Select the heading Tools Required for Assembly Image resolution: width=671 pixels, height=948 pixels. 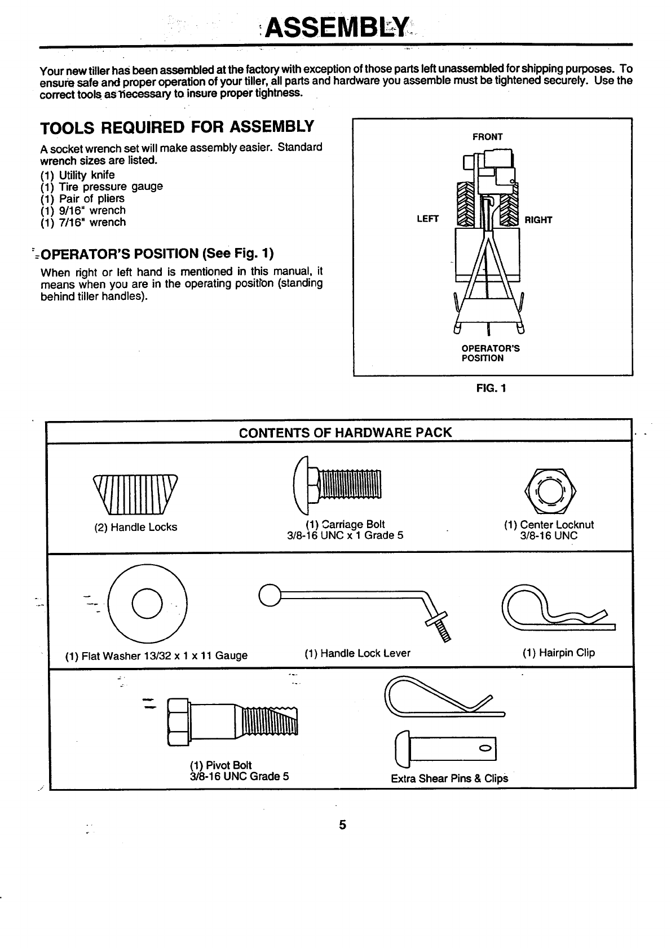pos(176,127)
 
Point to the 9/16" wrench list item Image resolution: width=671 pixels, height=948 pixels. pos(83,210)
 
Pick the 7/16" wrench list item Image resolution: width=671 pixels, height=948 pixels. pos(83,222)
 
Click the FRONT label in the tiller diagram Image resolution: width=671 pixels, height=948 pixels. pos(487,137)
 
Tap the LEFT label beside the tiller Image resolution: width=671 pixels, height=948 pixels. pos(427,220)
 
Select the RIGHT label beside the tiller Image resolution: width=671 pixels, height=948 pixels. pos(538,220)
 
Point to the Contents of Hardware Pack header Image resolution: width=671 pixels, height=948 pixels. pos(345,433)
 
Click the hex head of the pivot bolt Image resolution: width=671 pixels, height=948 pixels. pos(178,721)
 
